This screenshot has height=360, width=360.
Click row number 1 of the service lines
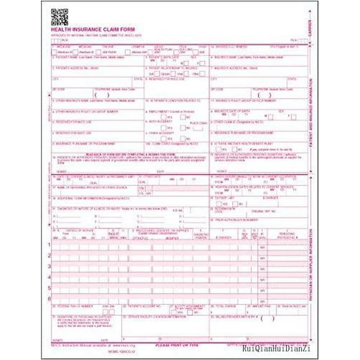pyautogui.click(x=50, y=245)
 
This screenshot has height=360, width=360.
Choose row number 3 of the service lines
pyautogui.click(x=50, y=266)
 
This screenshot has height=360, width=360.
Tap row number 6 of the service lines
pyautogui.click(x=50, y=299)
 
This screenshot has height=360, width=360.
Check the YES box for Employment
pyautogui.click(x=166, y=117)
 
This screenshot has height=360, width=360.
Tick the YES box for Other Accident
pyautogui.click(x=166, y=139)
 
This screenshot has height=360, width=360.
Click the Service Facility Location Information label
pyautogui.click(x=155, y=317)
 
